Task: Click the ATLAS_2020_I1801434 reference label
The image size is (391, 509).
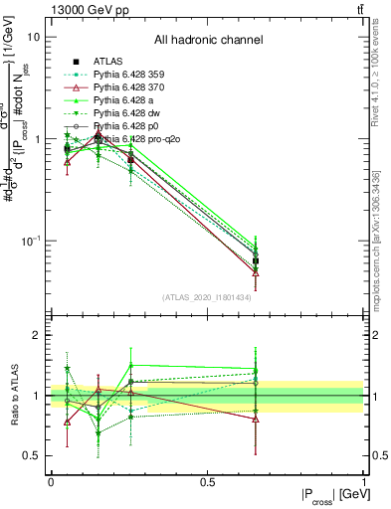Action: coord(208,297)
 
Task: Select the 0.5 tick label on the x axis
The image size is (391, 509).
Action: coord(207,481)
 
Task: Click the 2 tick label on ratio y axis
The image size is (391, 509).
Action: coord(36,336)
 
